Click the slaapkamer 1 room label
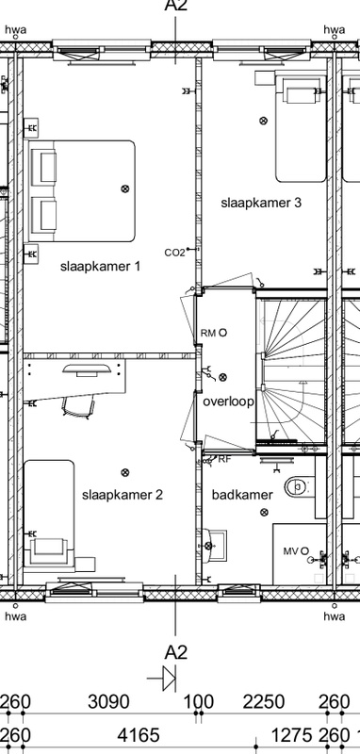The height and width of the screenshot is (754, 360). [101, 266]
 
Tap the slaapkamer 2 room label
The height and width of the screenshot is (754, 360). [123, 494]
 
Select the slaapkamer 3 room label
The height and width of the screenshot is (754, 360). [261, 203]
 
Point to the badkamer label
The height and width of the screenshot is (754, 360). [242, 494]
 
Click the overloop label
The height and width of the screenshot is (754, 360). [228, 402]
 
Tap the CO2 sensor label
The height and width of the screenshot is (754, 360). [174, 253]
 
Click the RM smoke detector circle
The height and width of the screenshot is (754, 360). [222, 333]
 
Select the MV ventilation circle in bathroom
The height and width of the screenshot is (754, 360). [303, 551]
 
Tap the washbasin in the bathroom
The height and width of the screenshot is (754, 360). [214, 546]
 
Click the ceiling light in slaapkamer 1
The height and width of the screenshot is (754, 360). [125, 188]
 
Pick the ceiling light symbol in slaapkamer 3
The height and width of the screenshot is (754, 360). [263, 121]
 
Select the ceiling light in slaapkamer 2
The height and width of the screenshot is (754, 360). [125, 473]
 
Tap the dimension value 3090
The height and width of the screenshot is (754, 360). [108, 702]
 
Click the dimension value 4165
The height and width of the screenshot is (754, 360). [138, 735]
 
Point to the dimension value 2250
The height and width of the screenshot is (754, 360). [263, 702]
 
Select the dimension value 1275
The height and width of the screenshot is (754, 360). [292, 735]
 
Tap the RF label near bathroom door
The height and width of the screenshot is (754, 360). [224, 459]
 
